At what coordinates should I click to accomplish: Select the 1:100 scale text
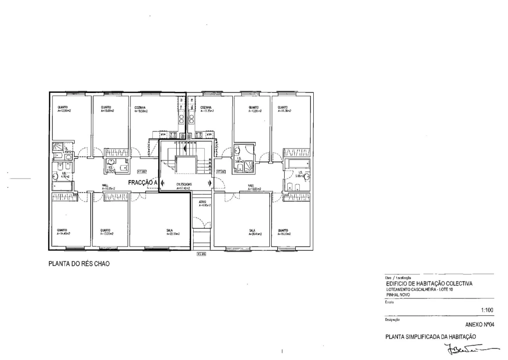tap(487, 310)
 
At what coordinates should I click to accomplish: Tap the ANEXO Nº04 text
tap(479, 325)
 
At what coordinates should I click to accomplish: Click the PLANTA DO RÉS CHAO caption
tap(79, 263)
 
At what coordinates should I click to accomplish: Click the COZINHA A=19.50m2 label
tap(141, 109)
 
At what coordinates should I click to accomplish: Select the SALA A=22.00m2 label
tap(173, 232)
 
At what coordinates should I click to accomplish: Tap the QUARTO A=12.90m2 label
tap(64, 109)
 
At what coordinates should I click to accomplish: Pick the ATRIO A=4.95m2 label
tap(203, 203)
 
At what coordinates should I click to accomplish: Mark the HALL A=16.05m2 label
tap(109, 187)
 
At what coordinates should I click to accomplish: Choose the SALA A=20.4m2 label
tap(255, 232)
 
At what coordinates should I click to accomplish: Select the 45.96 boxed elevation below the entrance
tap(201, 254)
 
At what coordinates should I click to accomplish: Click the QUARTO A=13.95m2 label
tap(255, 109)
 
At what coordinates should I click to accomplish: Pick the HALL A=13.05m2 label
tap(254, 187)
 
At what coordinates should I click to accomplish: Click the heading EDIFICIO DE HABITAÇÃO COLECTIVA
tap(429, 283)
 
